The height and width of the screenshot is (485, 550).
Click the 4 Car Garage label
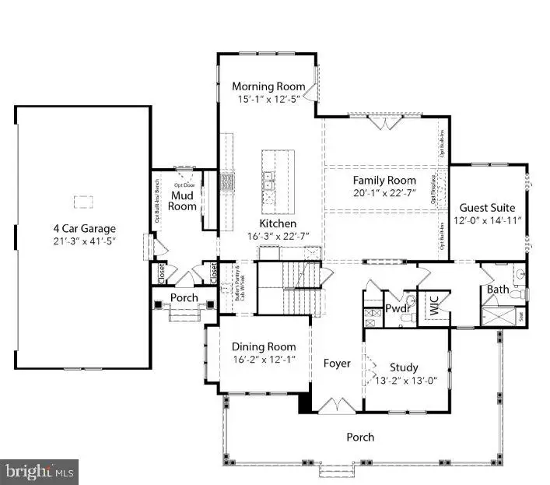coord(84,228)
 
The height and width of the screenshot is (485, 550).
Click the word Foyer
coord(337,364)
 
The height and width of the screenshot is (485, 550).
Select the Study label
coord(404,367)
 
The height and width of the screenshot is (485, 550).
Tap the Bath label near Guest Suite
coord(498,290)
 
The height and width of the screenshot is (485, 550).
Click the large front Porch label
coord(360,437)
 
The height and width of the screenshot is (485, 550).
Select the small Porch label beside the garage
coord(184,298)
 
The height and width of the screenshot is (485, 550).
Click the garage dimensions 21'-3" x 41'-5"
coord(84,241)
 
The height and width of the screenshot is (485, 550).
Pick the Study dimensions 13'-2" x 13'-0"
coord(404,380)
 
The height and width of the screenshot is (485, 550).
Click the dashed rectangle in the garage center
coord(83,202)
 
